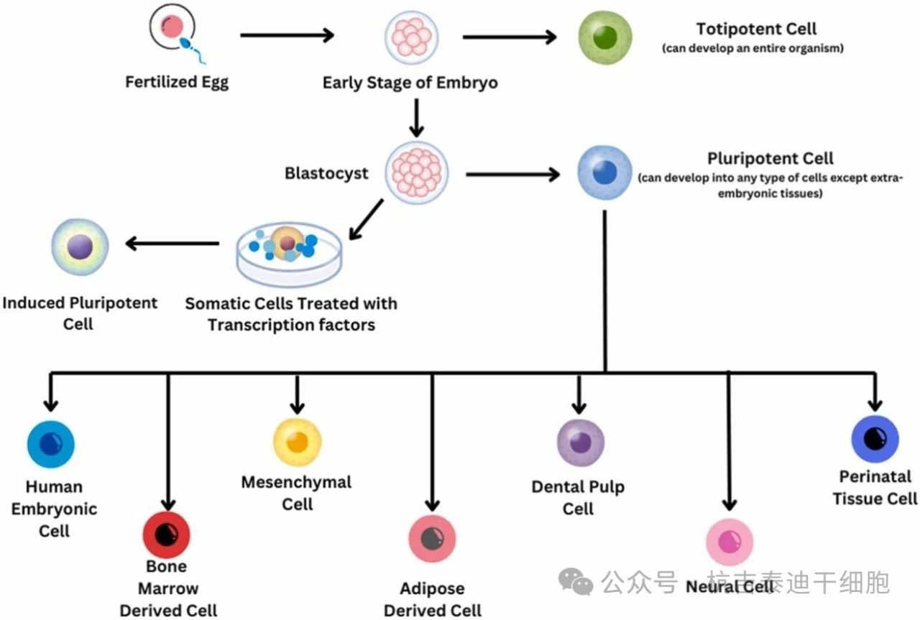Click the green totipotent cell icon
(605, 37)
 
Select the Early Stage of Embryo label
(410, 83)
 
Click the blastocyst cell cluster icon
(417, 173)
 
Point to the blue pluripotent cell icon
(604, 173)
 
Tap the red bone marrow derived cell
(166, 535)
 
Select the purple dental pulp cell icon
(581, 442)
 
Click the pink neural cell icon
(730, 542)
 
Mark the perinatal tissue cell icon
(875, 438)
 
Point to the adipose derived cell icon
(432, 538)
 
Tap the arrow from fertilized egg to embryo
(287, 34)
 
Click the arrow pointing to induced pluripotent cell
(172, 244)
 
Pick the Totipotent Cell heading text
(756, 29)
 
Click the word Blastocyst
(326, 173)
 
